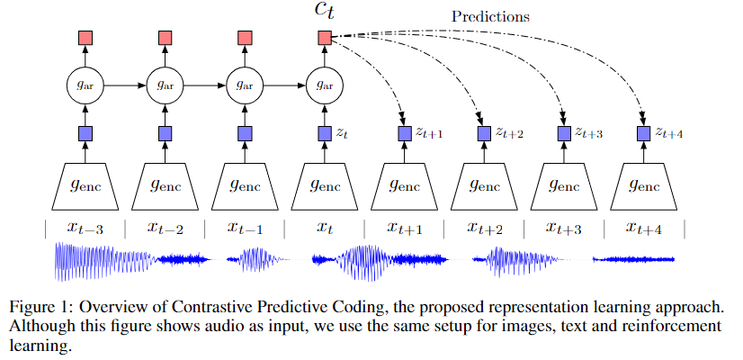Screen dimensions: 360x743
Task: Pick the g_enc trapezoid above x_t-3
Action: pyautogui.click(x=85, y=187)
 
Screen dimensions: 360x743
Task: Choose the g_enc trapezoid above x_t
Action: pyautogui.click(x=325, y=187)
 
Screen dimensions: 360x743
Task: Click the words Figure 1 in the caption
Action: pyautogui.click(x=40, y=303)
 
